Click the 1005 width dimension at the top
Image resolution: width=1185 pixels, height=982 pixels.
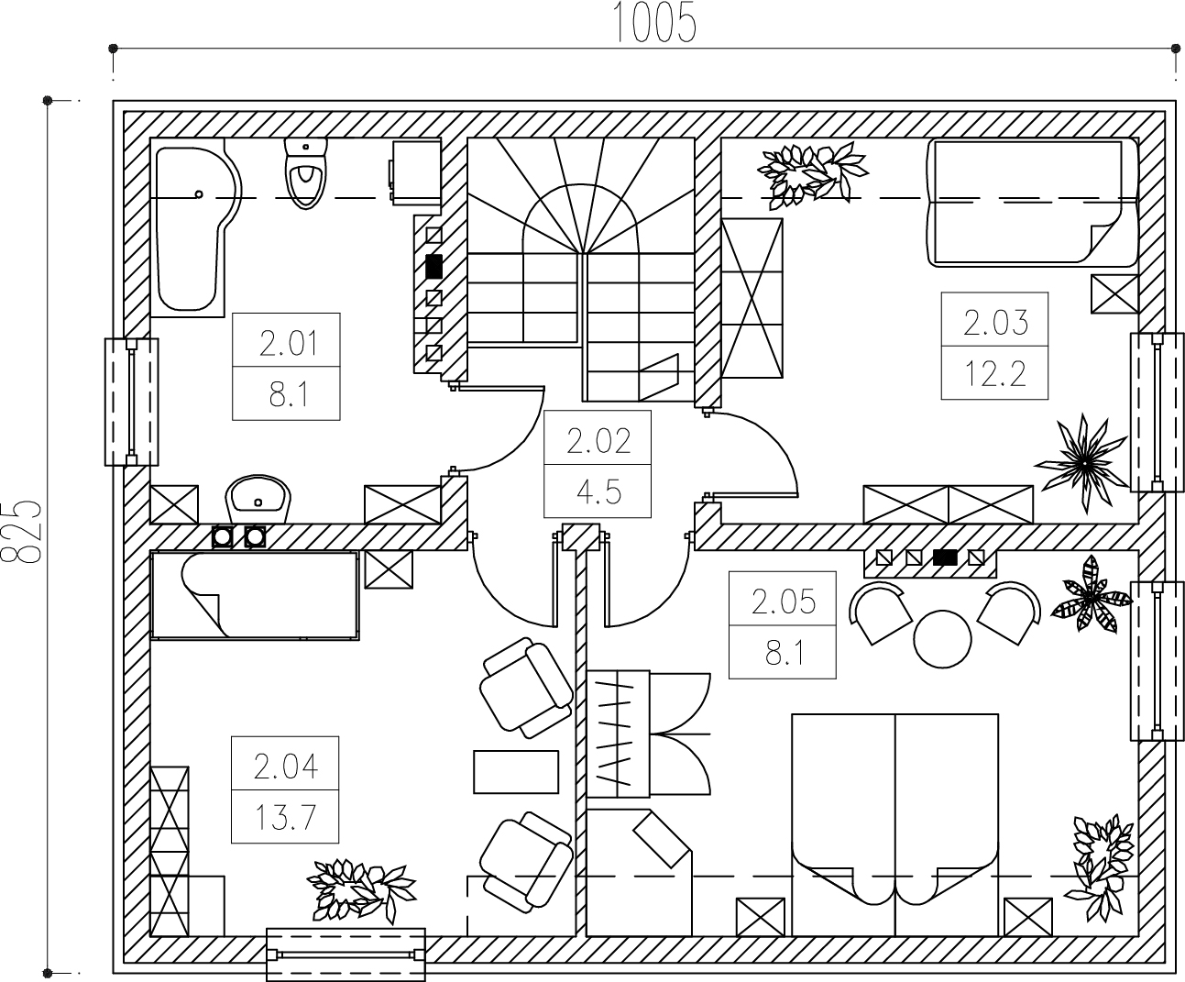655,22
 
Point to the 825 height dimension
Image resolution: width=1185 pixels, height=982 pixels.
23,532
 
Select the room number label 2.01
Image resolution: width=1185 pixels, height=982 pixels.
289,344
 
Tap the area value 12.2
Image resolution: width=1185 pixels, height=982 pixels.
995,374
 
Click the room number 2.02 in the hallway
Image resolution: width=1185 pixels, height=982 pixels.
598,442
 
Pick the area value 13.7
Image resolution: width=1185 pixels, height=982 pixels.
285,818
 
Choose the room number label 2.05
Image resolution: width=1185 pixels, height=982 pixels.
784,602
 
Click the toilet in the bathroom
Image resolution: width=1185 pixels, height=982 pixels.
306,172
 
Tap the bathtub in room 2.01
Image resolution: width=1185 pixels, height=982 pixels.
195,227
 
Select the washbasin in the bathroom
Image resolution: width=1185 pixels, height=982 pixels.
258,499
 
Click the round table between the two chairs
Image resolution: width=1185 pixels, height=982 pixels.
942,639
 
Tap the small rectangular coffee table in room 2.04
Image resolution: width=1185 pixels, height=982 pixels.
516,772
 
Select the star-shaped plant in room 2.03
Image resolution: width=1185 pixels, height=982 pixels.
1081,463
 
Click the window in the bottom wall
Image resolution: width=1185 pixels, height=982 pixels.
346,954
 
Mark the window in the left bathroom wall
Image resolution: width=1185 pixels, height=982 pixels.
132,403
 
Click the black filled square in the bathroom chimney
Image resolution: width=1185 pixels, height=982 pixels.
434,267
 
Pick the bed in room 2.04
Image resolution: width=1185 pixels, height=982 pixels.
255,596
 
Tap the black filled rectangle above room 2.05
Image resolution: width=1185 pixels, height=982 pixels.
946,557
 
